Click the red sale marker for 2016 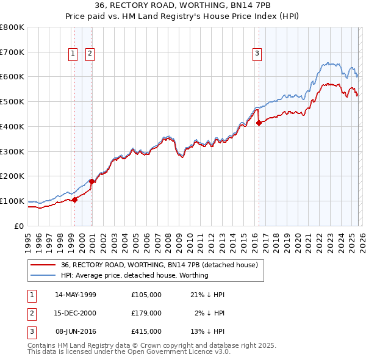pos(259,123)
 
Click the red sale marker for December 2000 pos(91,181)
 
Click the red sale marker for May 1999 pos(74,200)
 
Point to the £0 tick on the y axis pos(19,226)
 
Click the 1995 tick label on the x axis pos(27,240)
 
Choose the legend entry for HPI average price pos(134,275)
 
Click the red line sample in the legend pos(43,265)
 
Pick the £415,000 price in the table pos(146,331)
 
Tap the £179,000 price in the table pos(146,313)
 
